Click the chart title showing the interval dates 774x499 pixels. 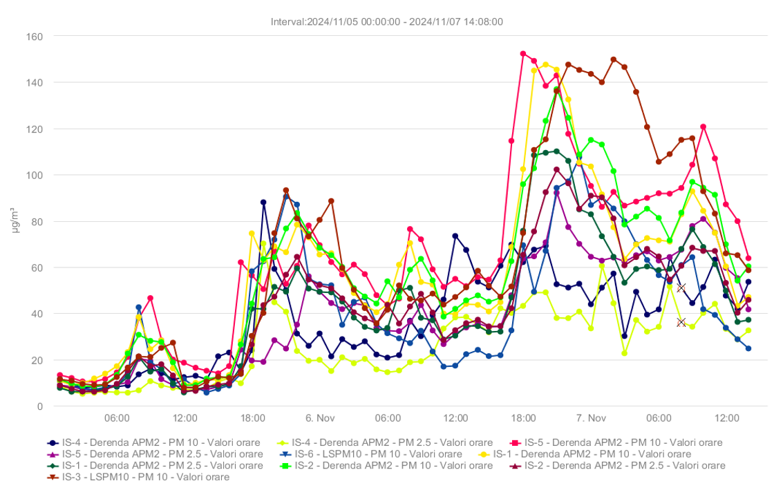tap(387, 21)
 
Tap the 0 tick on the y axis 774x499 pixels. tap(40, 406)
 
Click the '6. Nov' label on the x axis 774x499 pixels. tap(320, 418)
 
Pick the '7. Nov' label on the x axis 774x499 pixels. tap(591, 418)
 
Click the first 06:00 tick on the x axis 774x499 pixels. tap(117, 418)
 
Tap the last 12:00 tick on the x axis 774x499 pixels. tap(727, 418)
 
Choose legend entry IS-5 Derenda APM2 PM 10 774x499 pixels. tap(623, 442)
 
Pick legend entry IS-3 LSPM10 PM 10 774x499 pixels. tap(145, 477)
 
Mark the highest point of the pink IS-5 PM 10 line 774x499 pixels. tap(523, 53)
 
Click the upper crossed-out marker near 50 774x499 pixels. tap(681, 288)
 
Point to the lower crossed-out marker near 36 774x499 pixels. tap(681, 322)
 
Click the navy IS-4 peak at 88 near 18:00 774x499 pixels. tap(263, 203)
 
